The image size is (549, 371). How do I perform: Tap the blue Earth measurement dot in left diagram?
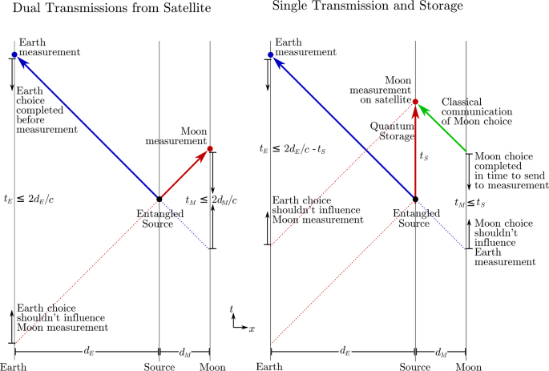[14, 54]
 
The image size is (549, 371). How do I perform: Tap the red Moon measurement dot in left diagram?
[210, 148]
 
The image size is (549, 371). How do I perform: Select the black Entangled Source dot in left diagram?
[159, 198]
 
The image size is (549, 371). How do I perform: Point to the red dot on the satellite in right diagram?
[416, 101]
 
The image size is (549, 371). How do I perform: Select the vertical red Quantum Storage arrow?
[416, 152]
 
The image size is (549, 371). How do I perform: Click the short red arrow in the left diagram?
[186, 172]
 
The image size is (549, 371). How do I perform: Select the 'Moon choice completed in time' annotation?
[506, 171]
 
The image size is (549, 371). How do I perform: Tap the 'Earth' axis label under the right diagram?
[271, 366]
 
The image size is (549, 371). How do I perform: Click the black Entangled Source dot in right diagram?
[416, 198]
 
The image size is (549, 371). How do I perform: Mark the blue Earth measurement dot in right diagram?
[271, 54]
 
